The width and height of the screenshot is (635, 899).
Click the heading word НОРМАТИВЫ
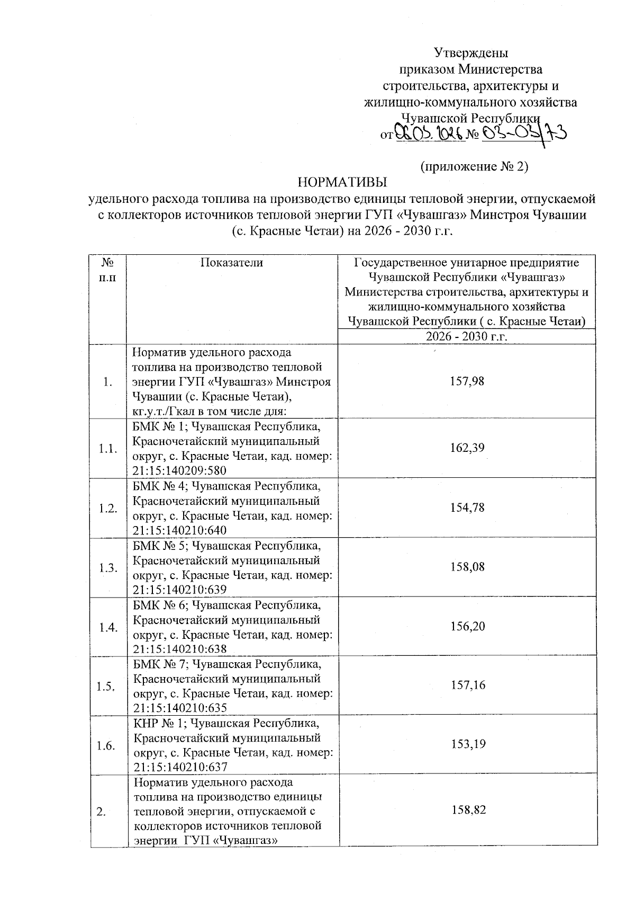pyautogui.click(x=342, y=183)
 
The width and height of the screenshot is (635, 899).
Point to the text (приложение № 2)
pyautogui.click(x=474, y=166)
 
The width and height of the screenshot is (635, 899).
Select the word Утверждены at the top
pyautogui.click(x=471, y=53)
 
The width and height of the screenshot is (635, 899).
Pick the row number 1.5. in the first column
pyautogui.click(x=107, y=687)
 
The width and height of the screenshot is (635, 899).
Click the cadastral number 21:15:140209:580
pyautogui.click(x=180, y=470)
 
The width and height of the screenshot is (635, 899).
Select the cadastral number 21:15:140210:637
pyautogui.click(x=180, y=767)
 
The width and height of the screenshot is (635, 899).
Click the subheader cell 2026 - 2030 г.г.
pyautogui.click(x=467, y=337)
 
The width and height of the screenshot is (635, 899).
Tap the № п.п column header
pyautogui.click(x=108, y=270)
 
